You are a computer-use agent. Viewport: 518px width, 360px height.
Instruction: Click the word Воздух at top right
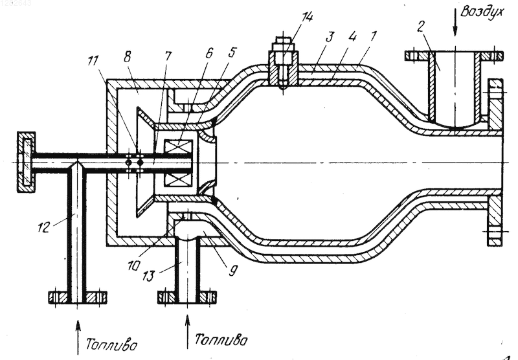point(482,12)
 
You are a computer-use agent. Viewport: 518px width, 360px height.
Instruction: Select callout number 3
point(330,37)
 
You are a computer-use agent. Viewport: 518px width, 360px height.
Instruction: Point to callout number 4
point(352,36)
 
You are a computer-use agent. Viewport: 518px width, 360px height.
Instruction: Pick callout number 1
point(373,36)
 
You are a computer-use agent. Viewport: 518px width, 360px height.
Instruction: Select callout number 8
point(126,57)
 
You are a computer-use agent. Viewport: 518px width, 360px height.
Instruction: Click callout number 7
point(168,56)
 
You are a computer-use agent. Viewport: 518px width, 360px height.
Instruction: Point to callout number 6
point(208,53)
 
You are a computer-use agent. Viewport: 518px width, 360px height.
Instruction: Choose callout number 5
point(232,52)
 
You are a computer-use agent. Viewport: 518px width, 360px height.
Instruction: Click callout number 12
point(43,227)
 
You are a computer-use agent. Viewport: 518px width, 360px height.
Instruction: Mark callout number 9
point(232,271)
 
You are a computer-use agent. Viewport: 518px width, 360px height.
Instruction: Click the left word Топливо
point(111,345)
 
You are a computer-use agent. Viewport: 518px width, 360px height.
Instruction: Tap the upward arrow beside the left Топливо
point(78,336)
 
